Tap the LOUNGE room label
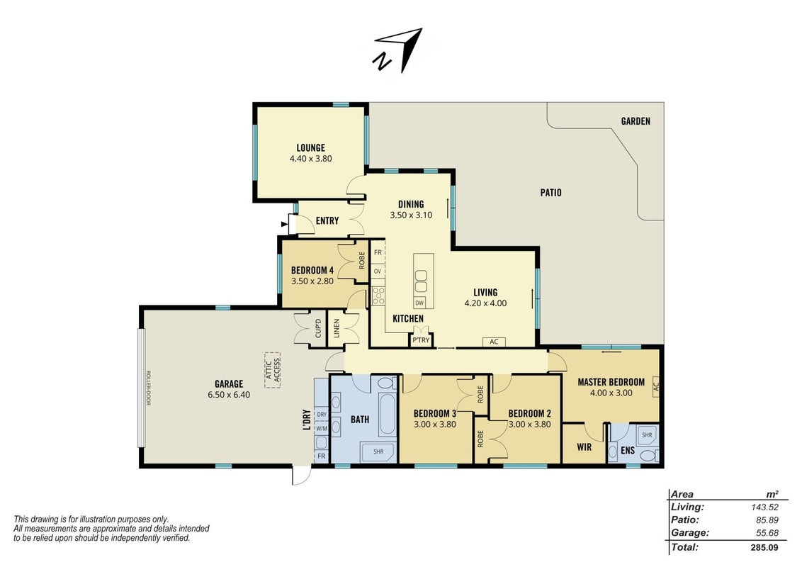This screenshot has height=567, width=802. point(310,148)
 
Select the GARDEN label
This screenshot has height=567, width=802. point(636,121)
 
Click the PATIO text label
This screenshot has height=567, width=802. point(550,192)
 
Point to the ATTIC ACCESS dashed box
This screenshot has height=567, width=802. point(273,370)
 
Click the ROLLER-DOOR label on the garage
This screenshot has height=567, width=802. point(148,388)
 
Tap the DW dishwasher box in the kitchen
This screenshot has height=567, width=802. point(419,303)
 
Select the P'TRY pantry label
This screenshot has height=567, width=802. point(421,340)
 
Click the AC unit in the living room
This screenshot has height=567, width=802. point(494,342)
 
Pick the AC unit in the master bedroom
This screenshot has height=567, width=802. point(656,388)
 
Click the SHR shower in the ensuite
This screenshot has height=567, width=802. point(647,435)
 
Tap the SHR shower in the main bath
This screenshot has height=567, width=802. point(378,452)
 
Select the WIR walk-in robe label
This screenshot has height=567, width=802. point(584,447)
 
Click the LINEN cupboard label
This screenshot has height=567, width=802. point(336,328)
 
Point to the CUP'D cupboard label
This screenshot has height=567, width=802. point(317,328)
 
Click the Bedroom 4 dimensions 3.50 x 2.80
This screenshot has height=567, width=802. point(312,281)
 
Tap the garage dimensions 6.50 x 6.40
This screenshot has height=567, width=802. point(229,395)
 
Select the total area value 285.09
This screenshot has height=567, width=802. point(764,548)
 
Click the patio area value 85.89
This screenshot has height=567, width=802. point(767,520)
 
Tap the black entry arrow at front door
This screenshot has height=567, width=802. point(284,224)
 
